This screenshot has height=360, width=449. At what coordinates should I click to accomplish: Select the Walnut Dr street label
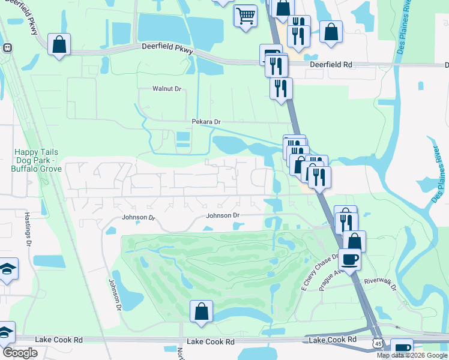pyautogui.click(x=166, y=89)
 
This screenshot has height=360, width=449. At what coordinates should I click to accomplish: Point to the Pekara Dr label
pyautogui.click(x=206, y=122)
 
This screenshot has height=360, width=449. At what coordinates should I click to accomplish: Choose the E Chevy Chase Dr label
pyautogui.click(x=320, y=273)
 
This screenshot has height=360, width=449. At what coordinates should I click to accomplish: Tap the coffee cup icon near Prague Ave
pyautogui.click(x=350, y=259)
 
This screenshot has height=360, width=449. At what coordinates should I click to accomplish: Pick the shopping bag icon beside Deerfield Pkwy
pyautogui.click(x=59, y=44)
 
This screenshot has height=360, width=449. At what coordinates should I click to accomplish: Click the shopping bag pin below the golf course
pyautogui.click(x=202, y=311)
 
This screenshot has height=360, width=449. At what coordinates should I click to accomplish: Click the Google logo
pyautogui.click(x=19, y=353)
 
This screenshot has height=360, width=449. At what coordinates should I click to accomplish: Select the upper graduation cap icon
pyautogui.click(x=8, y=269)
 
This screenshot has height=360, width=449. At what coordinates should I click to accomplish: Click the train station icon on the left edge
pyautogui.click(x=7, y=47)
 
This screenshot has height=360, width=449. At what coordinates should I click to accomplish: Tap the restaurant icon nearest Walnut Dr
pyautogui.click(x=280, y=88)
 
